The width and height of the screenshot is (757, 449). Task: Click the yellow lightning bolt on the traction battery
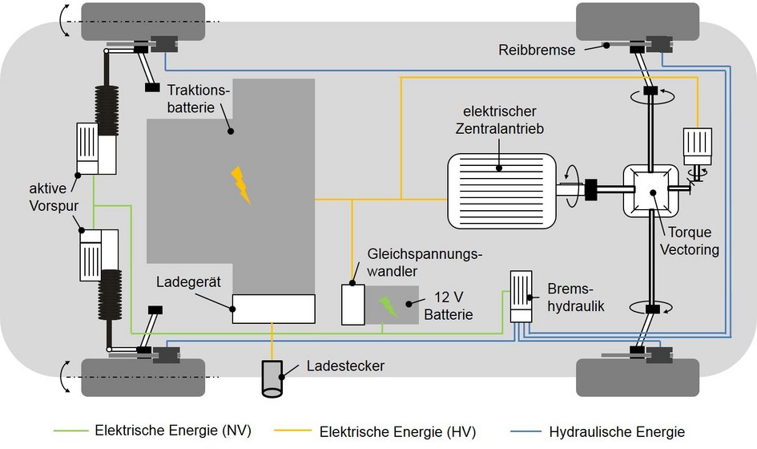(x=240, y=184)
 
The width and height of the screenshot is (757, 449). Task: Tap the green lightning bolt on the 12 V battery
(x=388, y=306)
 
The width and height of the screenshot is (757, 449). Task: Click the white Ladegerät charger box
(x=273, y=309)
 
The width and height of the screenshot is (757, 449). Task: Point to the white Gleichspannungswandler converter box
(x=352, y=303)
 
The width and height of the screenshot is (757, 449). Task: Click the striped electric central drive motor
(x=501, y=189)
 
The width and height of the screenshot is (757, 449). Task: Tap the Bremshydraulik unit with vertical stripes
(x=521, y=296)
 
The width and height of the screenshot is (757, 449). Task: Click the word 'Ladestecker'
(x=346, y=366)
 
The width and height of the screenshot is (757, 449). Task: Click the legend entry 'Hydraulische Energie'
(x=617, y=431)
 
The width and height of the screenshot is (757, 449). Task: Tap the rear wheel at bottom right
(x=638, y=377)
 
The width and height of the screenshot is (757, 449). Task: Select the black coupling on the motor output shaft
(x=594, y=190)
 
